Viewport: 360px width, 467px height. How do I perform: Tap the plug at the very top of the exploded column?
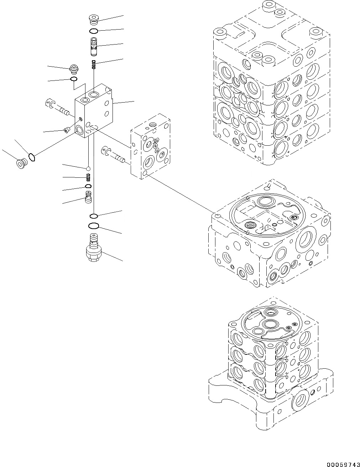(94, 19)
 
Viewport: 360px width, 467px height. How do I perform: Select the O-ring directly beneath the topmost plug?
(94, 31)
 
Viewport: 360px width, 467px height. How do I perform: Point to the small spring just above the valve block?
(94, 64)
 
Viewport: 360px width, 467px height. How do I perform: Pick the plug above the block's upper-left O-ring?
(74, 68)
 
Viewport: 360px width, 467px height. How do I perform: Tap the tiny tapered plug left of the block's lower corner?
(66, 130)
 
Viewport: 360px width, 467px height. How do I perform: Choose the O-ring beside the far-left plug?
(32, 156)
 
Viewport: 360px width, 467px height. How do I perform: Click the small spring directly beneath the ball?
(88, 177)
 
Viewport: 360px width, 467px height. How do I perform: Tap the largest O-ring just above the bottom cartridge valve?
(93, 226)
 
